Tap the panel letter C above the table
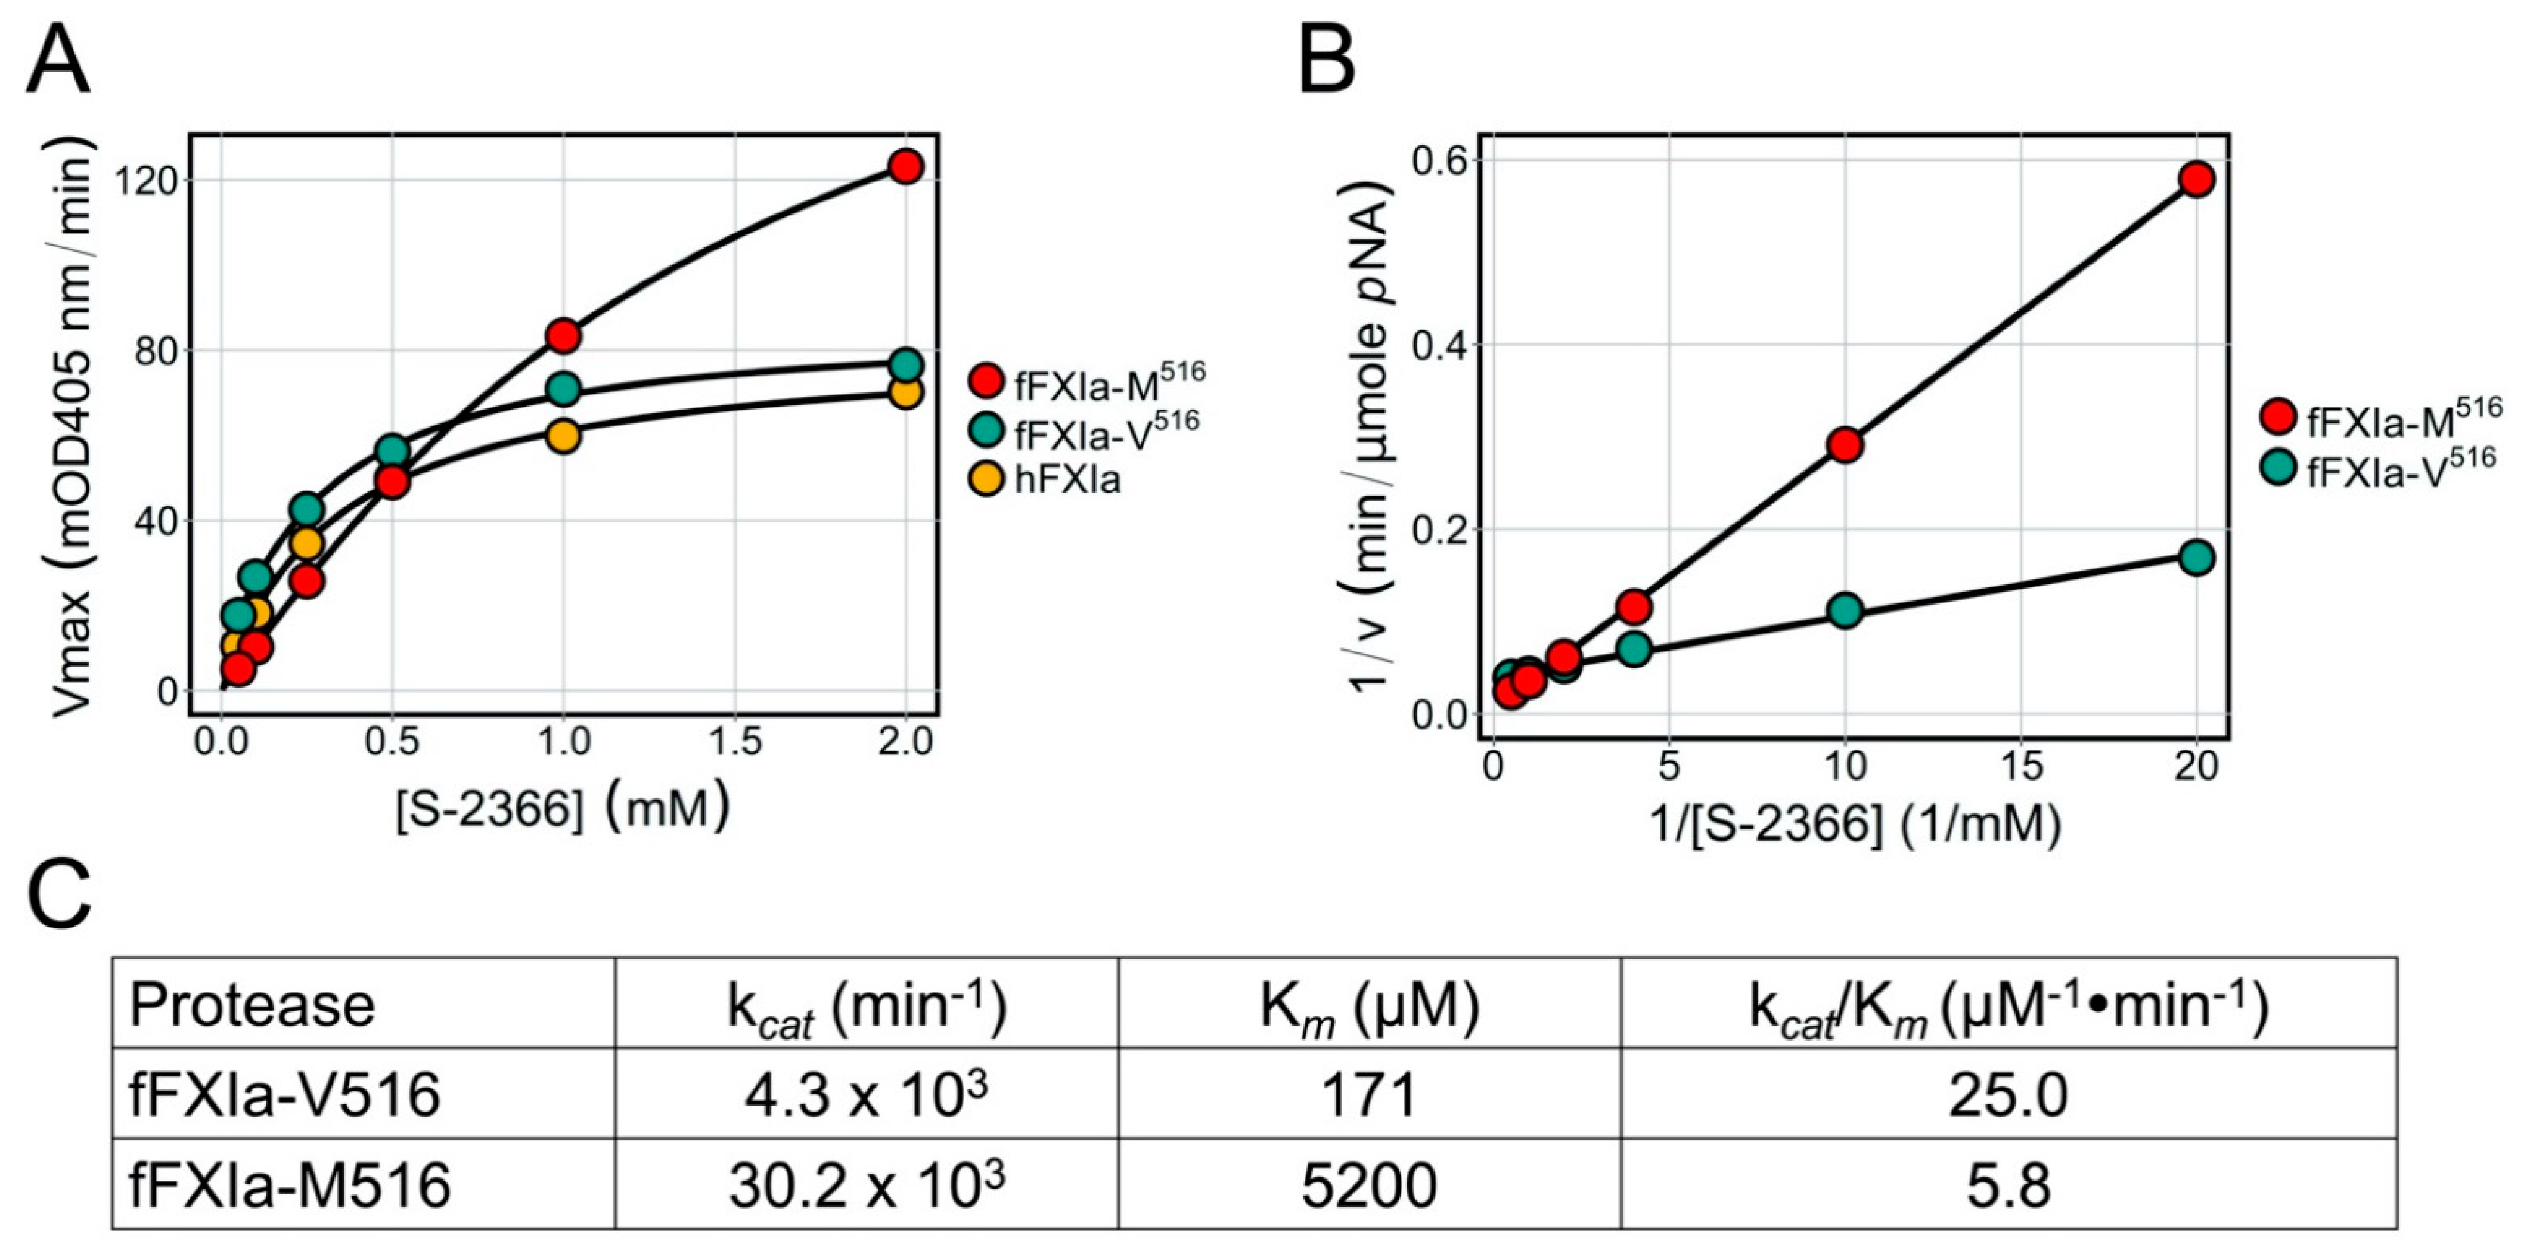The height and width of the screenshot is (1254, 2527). pyautogui.click(x=59, y=896)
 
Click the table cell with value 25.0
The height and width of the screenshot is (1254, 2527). pyautogui.click(x=2007, y=1094)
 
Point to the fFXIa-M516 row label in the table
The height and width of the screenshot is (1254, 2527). pyautogui.click(x=290, y=1184)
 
